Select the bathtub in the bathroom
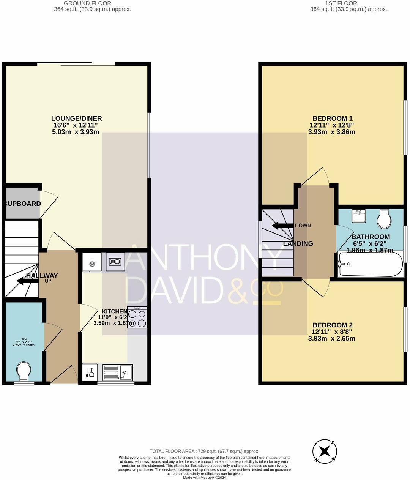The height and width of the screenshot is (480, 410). click(x=370, y=264)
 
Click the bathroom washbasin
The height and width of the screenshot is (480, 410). click(x=359, y=216)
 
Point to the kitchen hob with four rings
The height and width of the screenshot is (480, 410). click(x=137, y=317)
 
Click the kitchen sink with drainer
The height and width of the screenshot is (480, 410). click(x=118, y=372)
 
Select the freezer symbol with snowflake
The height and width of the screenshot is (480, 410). click(x=91, y=264)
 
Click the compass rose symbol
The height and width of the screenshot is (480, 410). click(x=325, y=452)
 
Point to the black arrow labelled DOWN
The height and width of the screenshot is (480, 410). click(x=283, y=226)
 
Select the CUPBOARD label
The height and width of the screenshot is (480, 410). click(x=22, y=204)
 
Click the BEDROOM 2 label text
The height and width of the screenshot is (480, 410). click(x=332, y=325)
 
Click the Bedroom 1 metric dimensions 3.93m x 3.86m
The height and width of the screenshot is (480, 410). click(x=332, y=132)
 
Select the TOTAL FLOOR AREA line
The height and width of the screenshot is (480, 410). click(x=204, y=451)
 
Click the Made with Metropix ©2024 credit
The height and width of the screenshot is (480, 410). click(x=204, y=477)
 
